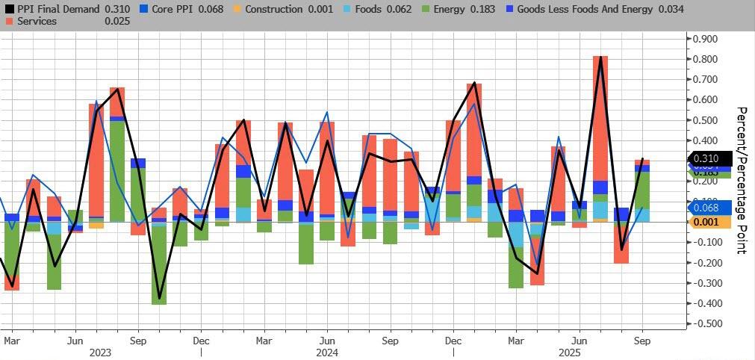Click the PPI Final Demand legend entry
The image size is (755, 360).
tap(59, 8)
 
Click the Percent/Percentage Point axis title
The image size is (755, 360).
tap(742, 180)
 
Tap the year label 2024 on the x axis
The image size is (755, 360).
tap(327, 351)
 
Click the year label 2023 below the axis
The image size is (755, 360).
tap(100, 351)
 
